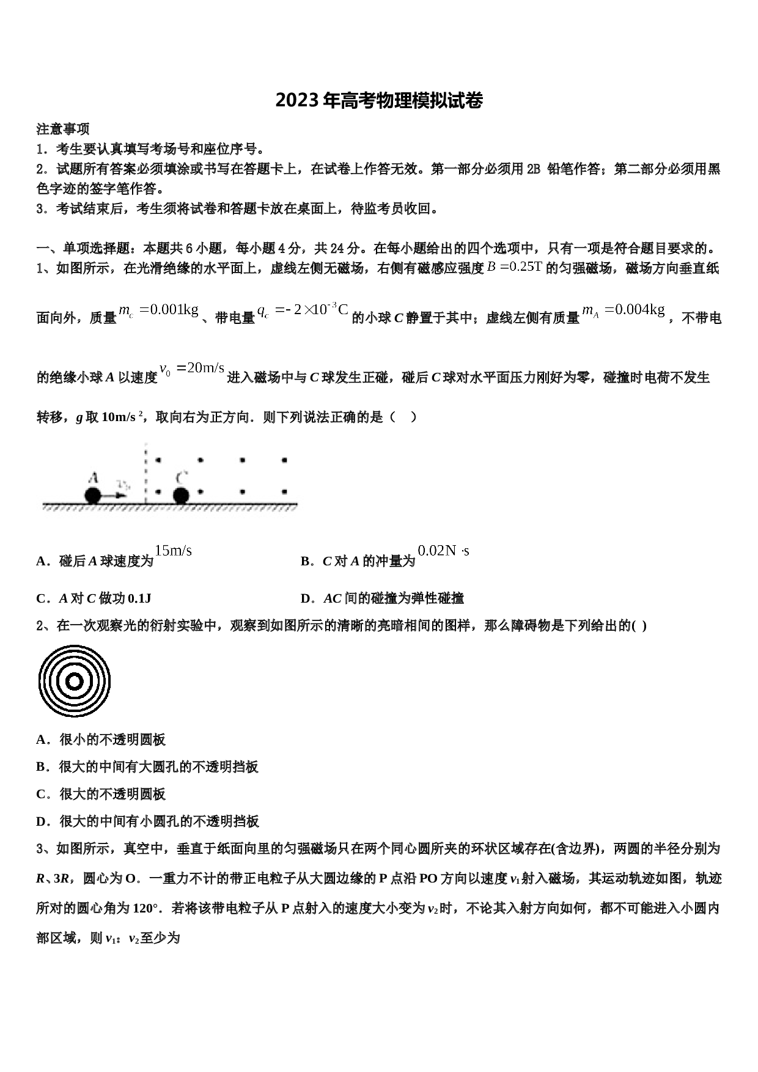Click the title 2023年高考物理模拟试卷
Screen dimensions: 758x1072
tap(379, 100)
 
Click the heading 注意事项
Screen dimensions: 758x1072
tap(63, 129)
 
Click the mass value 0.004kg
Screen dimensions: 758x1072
tap(624, 310)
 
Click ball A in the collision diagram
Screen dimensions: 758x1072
tap(92, 495)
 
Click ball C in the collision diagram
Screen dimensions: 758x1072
tap(180, 495)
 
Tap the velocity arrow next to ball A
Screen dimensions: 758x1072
tap(114, 496)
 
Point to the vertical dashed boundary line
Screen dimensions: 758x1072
tap(145, 473)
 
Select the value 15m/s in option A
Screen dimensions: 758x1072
tap(173, 551)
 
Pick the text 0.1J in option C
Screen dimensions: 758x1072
tap(139, 598)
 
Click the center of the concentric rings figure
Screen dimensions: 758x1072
tap(74, 681)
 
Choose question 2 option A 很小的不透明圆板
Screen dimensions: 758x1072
tap(101, 740)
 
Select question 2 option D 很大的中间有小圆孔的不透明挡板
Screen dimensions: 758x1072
tap(147, 821)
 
